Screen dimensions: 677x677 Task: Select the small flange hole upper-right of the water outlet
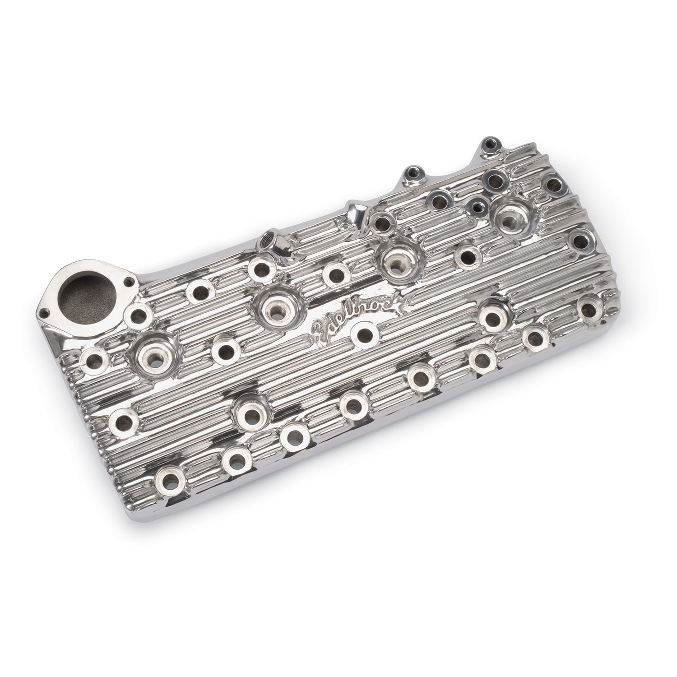[130, 282]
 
